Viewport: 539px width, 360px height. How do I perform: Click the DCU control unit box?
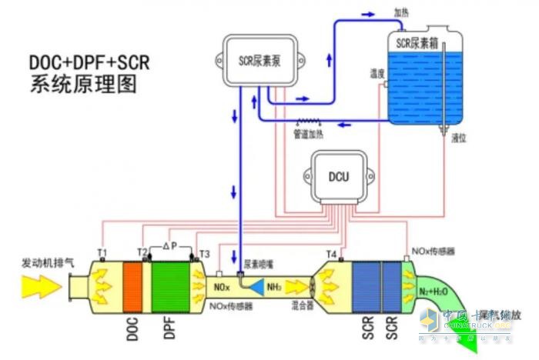[x=339, y=177]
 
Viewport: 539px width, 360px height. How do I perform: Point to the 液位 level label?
[x=460, y=139]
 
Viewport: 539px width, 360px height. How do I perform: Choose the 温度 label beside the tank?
[x=377, y=74]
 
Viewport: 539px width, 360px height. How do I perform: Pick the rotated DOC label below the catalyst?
[x=132, y=328]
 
